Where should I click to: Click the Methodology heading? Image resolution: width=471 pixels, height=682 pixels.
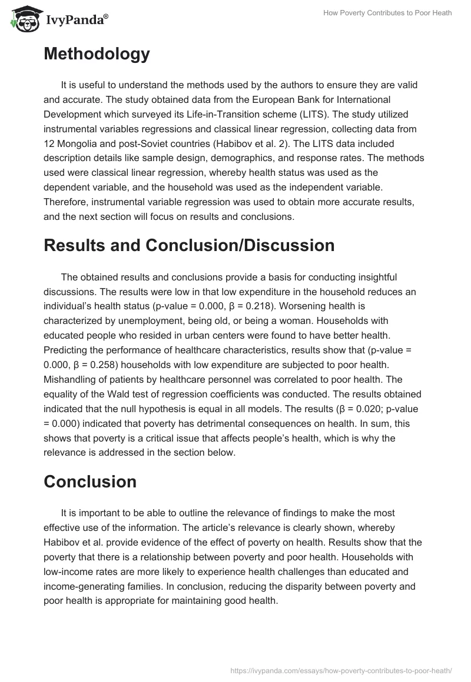point(97,54)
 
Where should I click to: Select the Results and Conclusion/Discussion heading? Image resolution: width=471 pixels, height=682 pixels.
point(189,245)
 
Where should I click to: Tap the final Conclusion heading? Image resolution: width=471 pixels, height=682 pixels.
point(89,482)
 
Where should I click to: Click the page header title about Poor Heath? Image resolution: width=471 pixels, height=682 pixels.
point(387,13)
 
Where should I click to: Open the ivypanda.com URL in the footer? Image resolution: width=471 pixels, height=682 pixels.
point(340,670)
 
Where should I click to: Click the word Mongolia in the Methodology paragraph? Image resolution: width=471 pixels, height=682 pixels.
point(78,143)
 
